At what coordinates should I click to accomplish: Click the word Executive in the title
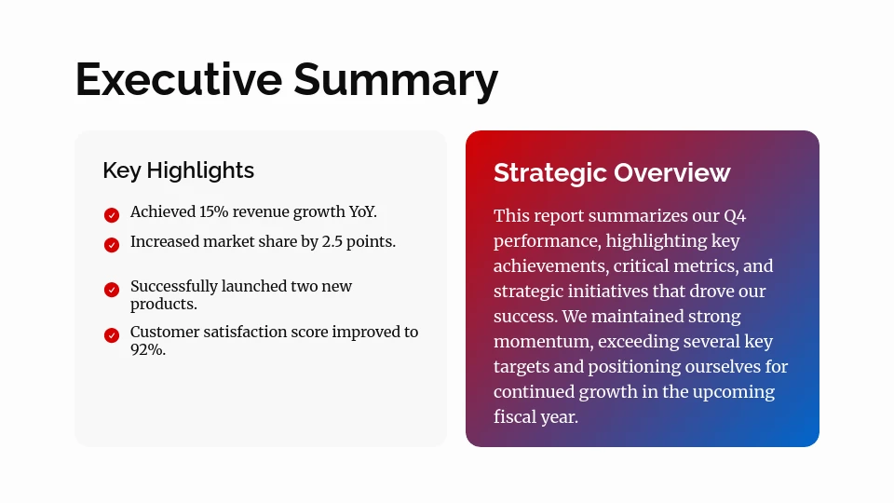(x=178, y=80)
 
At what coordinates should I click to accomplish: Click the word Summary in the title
(x=396, y=80)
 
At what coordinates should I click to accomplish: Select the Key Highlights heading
(x=178, y=170)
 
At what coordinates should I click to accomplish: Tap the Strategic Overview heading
(x=612, y=172)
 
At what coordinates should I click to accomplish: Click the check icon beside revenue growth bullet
(x=112, y=215)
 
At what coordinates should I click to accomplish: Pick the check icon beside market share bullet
(x=112, y=245)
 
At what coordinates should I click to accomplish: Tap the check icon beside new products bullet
(x=112, y=290)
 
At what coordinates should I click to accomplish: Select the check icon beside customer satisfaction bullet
(x=112, y=335)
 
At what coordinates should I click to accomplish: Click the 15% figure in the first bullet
(x=213, y=212)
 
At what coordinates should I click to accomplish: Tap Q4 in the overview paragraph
(x=735, y=216)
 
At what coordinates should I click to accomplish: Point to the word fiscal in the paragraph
(x=515, y=417)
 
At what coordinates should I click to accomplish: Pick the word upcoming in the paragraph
(x=732, y=392)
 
